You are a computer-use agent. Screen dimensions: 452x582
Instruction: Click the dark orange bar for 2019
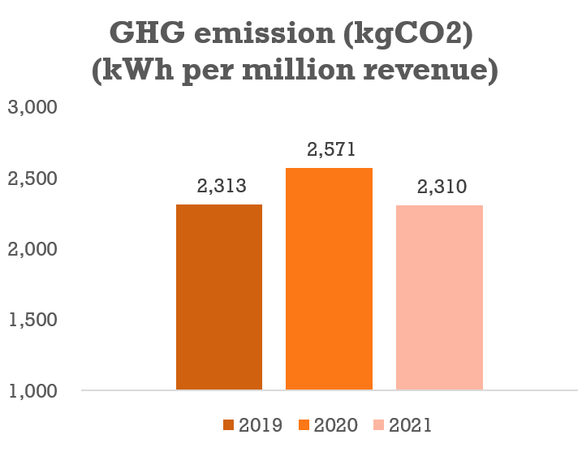pos(219,297)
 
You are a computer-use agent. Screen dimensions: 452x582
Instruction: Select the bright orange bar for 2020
pos(329,279)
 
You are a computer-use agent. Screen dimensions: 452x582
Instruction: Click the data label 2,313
pos(219,187)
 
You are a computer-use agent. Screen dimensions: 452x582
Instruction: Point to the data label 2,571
pos(329,150)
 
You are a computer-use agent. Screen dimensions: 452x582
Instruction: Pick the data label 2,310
pos(439,187)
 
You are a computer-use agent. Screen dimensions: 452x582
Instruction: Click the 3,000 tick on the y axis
pos(33,108)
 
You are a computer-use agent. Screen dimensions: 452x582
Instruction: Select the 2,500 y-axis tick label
pos(33,179)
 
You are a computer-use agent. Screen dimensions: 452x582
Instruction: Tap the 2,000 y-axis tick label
pos(33,249)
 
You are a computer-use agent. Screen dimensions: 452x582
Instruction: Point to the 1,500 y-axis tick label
pos(33,320)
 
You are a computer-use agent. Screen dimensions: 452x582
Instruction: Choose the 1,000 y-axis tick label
pos(33,390)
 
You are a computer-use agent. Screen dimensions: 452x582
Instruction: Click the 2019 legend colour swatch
pos(228,425)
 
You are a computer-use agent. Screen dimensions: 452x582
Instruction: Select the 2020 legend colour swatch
pos(304,425)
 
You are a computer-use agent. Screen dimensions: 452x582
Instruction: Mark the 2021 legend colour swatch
pos(379,425)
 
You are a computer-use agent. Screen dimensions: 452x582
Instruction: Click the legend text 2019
pos(260,425)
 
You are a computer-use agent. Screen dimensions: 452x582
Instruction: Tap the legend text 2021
pos(411,425)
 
